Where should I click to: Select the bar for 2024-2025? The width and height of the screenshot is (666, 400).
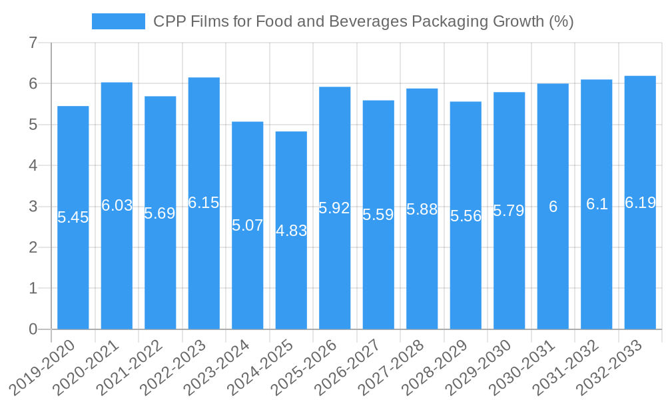(x=291, y=280)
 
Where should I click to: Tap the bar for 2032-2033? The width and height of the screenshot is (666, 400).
(x=640, y=267)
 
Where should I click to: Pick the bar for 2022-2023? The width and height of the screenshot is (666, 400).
(x=204, y=267)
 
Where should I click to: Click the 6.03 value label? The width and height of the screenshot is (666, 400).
(x=117, y=205)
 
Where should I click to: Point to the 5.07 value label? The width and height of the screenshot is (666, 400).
(x=248, y=225)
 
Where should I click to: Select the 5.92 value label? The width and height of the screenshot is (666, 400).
(x=334, y=208)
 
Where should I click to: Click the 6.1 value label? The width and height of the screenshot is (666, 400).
(x=597, y=205)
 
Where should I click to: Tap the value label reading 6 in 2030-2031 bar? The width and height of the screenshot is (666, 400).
(x=553, y=207)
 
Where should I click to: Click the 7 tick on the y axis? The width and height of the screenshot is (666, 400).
(x=33, y=43)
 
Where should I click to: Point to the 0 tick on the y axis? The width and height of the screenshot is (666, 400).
(x=33, y=329)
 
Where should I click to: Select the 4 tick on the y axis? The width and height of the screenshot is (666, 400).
(x=33, y=166)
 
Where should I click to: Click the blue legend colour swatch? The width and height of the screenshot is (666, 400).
(x=118, y=21)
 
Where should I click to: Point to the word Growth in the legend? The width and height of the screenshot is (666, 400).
(x=518, y=21)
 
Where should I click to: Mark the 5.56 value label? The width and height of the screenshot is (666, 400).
(x=466, y=216)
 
